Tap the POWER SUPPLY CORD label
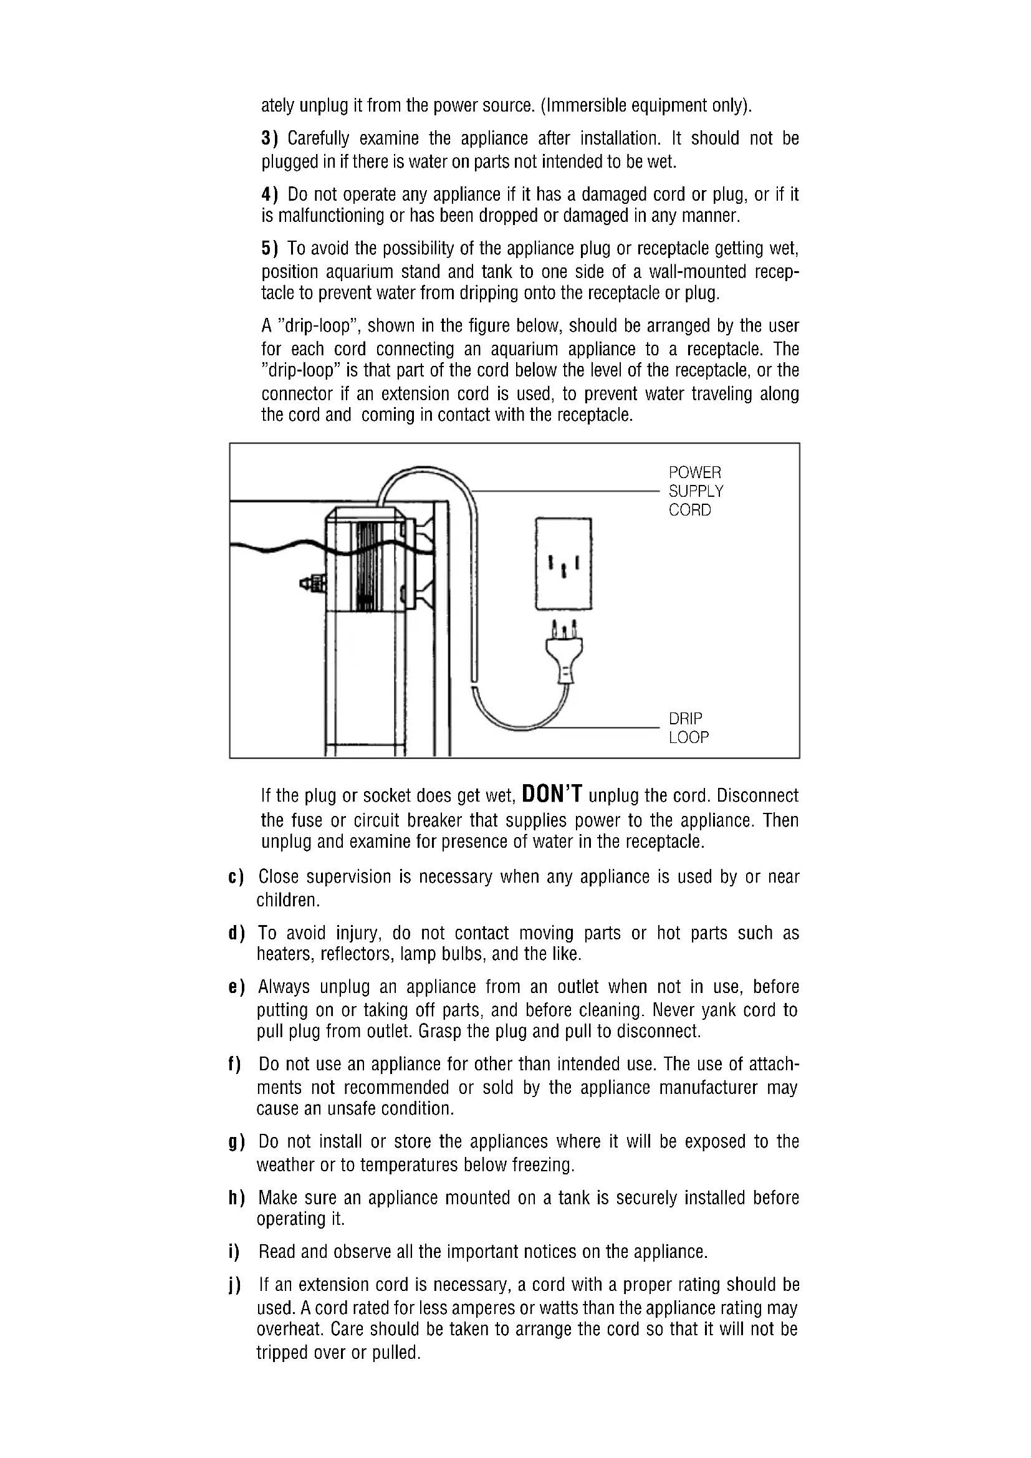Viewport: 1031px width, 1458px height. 695,491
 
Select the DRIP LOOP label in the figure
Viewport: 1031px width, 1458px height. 688,727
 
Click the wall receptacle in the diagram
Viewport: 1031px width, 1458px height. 563,564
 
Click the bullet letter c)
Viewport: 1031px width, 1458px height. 236,878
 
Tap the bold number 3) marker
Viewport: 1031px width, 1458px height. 270,138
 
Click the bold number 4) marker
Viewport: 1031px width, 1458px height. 270,194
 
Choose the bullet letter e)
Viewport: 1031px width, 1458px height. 236,987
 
